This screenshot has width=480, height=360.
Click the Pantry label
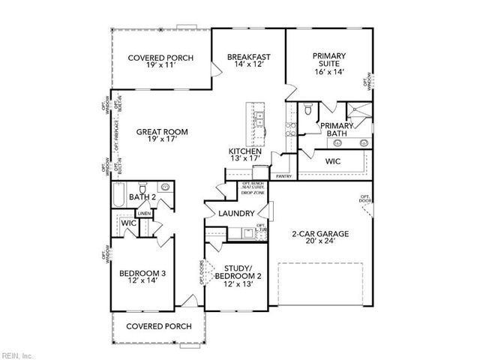(x=283, y=176)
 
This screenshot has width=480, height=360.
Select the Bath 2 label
(x=142, y=197)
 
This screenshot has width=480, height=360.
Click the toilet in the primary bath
(x=307, y=111)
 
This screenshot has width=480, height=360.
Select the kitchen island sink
(x=259, y=118)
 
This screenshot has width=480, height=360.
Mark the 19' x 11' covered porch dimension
(x=161, y=66)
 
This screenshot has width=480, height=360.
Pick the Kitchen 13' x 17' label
(x=245, y=155)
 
